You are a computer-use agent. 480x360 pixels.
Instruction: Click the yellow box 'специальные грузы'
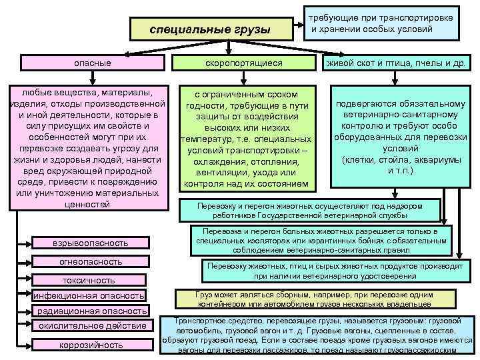click(x=210, y=30)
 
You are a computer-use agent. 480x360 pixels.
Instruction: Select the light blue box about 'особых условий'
click(x=382, y=23)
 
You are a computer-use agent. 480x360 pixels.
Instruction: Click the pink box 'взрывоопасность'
click(x=91, y=243)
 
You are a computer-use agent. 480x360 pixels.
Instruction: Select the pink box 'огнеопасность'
click(x=91, y=262)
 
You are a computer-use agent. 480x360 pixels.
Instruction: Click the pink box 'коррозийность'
click(x=91, y=345)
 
